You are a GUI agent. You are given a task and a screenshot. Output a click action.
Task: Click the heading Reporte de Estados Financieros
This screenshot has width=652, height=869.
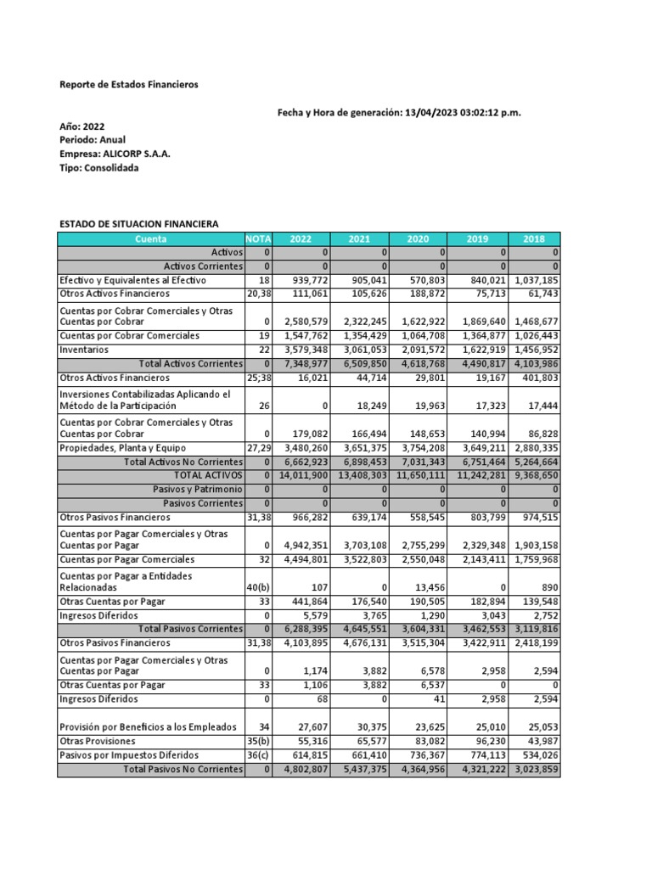(x=128, y=85)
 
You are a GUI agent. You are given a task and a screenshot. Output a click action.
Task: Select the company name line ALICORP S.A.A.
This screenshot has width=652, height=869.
(x=115, y=154)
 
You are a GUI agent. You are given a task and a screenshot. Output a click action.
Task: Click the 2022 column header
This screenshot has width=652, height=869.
(x=301, y=239)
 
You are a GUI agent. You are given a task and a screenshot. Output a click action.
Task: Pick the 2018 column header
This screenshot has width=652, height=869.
(x=534, y=239)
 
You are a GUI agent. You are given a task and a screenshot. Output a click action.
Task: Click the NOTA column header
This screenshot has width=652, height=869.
(x=257, y=239)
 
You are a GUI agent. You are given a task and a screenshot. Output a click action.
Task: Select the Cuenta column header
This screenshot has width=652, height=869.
(x=151, y=239)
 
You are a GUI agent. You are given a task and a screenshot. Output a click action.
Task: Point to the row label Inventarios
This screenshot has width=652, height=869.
(x=83, y=350)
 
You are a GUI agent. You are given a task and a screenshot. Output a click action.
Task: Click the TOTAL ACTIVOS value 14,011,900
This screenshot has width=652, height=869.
(x=301, y=475)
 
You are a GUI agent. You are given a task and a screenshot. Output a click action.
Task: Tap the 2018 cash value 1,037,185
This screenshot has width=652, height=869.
(x=536, y=280)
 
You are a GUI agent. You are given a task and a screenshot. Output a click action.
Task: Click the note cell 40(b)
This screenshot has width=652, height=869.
(x=257, y=587)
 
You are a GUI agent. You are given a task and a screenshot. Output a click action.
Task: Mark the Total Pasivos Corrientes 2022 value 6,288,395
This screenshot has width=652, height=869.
(x=301, y=629)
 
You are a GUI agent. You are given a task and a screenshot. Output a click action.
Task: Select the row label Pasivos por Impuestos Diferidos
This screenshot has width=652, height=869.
(x=128, y=755)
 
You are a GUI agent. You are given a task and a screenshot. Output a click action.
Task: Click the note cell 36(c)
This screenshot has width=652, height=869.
(x=257, y=755)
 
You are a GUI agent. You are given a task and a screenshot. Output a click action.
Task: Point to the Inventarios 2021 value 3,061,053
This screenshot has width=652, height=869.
(x=360, y=350)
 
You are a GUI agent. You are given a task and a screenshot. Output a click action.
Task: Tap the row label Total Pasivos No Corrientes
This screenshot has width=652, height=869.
(x=183, y=770)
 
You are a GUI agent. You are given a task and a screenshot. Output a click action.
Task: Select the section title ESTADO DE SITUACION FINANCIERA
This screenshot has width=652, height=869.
(x=138, y=224)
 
